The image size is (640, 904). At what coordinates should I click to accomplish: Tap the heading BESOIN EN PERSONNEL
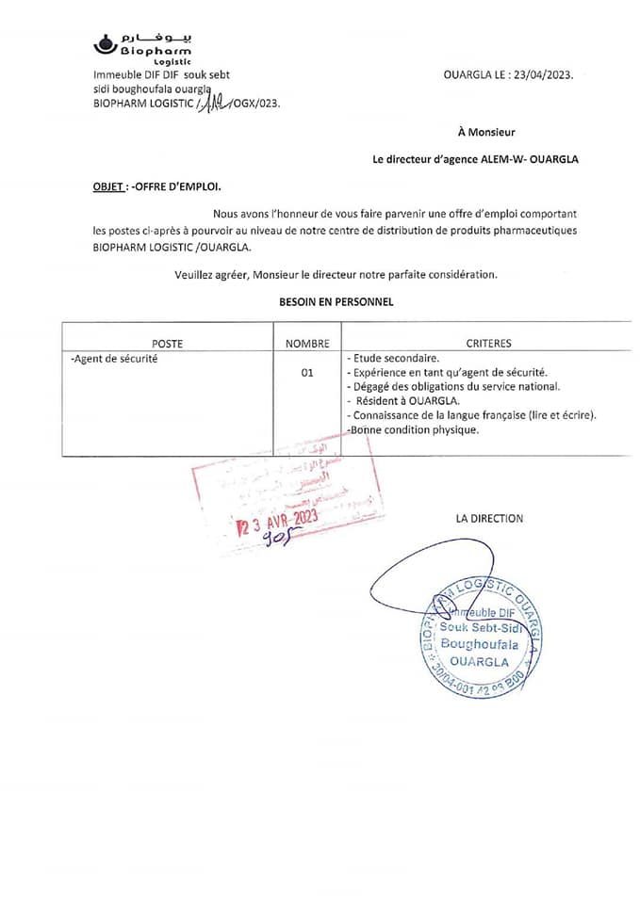(x=336, y=302)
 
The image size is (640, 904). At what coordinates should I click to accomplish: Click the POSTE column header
(x=167, y=344)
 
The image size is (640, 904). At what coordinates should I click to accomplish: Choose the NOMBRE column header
(x=307, y=344)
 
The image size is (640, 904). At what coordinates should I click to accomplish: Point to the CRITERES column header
(x=488, y=344)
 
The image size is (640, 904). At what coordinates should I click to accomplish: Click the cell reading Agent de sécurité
(x=115, y=359)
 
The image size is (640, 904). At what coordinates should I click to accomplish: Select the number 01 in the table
(x=307, y=373)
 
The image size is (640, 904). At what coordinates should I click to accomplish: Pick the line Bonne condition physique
(x=413, y=429)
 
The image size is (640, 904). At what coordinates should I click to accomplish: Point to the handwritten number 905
(x=273, y=539)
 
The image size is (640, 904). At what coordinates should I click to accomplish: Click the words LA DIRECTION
(x=489, y=518)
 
